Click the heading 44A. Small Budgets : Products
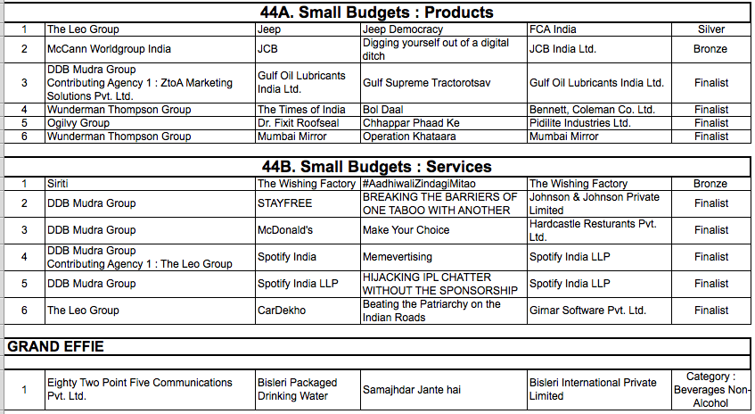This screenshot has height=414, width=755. [377, 12]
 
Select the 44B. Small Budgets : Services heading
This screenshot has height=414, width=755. [377, 167]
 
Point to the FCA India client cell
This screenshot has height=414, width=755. [553, 29]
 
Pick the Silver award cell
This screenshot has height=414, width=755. [710, 29]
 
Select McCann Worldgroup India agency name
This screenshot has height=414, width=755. [109, 49]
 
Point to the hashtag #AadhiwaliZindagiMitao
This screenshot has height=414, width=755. [419, 184]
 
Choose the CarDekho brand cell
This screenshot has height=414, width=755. [282, 310]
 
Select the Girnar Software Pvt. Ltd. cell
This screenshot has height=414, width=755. [587, 310]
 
